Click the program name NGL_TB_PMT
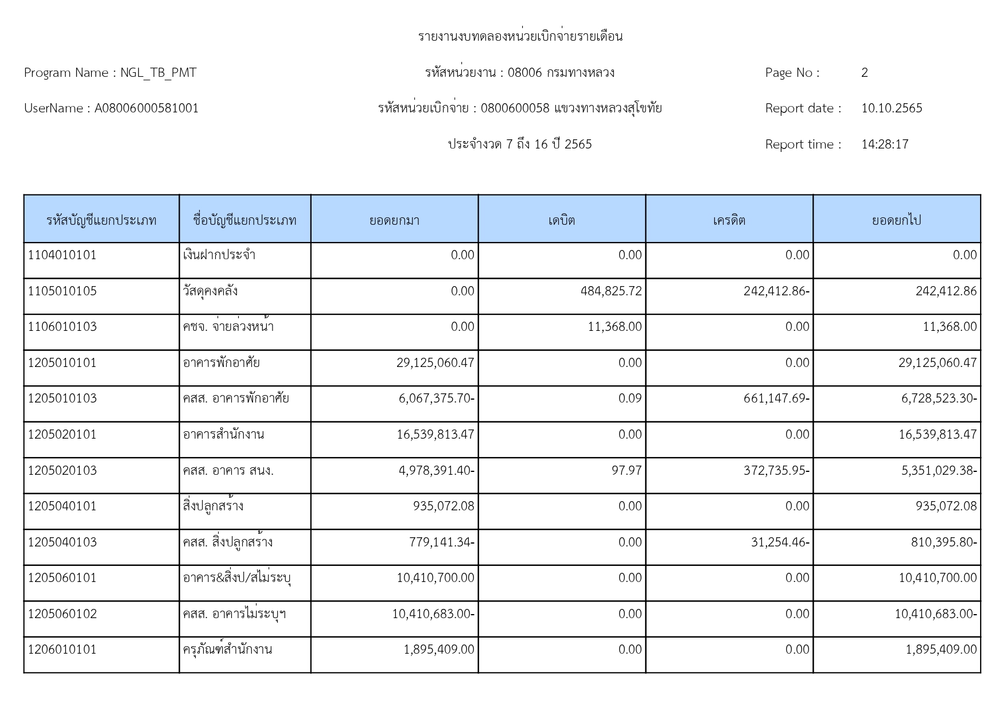point(158,73)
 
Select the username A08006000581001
point(146,108)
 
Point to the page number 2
point(864,73)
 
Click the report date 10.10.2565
point(891,108)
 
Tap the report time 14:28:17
point(884,144)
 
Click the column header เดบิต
point(561,220)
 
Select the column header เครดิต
point(729,220)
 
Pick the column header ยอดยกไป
point(896,220)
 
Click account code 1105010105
point(63,291)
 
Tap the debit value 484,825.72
point(611,291)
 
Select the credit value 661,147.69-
point(776,399)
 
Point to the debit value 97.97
point(627,471)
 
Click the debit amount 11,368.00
point(615,327)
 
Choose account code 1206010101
point(63,650)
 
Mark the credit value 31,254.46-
point(780,542)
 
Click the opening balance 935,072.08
point(444,506)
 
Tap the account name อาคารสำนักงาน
point(224,435)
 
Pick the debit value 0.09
point(630,399)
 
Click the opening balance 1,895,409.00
point(439,650)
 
